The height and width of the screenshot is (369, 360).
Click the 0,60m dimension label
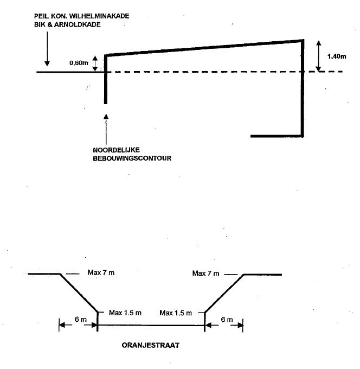(79, 63)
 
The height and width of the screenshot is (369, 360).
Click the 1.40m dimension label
(336, 56)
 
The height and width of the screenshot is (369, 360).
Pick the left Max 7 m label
(101, 273)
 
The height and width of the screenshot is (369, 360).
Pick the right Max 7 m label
(206, 273)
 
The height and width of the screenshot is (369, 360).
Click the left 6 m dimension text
(80, 319)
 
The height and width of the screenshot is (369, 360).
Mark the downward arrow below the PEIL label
(47, 49)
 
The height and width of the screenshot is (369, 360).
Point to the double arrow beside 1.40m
(319, 55)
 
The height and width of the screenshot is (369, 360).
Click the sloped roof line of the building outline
(203, 47)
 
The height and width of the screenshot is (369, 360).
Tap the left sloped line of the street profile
(79, 293)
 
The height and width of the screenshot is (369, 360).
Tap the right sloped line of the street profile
(224, 293)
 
